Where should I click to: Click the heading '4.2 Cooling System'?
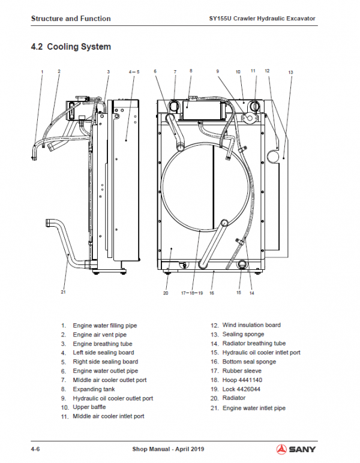click(71, 46)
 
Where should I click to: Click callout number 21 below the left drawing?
click(62, 292)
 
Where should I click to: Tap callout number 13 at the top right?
click(290, 73)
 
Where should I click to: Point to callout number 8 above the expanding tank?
click(191, 71)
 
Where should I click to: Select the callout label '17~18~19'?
click(193, 293)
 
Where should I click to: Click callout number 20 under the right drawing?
click(166, 293)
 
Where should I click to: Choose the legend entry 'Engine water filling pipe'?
click(106, 326)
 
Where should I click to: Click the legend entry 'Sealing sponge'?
click(243, 334)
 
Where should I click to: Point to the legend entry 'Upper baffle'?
click(89, 407)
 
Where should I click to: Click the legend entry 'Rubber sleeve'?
click(241, 371)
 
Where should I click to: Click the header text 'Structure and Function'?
click(71, 19)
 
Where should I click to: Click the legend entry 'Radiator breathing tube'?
click(254, 343)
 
